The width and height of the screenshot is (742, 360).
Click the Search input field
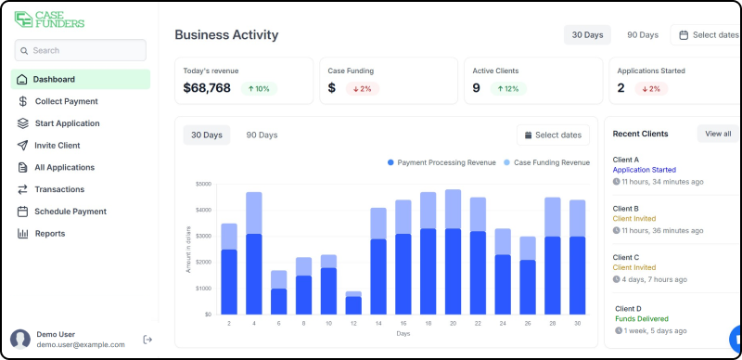coord(81,50)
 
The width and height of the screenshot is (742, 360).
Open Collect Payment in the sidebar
coord(66,101)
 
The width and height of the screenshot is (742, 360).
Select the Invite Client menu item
coord(58,146)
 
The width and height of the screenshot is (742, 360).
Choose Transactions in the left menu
coord(59,189)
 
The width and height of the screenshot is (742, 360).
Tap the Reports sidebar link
coord(50,234)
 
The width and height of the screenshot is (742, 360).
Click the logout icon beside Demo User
coord(147,340)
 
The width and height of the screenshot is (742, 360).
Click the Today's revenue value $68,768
coord(207,88)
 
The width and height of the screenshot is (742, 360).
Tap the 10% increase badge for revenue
coord(259,89)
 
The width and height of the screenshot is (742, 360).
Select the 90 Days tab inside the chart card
coord(262,135)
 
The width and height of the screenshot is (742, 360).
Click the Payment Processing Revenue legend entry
coord(441,162)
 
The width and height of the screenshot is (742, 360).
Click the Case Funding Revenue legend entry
coord(546,162)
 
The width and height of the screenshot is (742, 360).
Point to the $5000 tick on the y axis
coord(203,184)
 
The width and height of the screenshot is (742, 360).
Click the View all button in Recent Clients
coord(718,134)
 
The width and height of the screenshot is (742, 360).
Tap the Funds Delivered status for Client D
coord(641,318)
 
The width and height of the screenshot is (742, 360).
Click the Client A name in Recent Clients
coord(626,160)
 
